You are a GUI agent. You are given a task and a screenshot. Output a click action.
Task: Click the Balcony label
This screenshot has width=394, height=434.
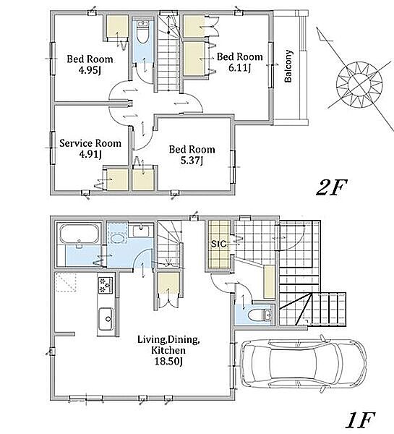click(288, 66)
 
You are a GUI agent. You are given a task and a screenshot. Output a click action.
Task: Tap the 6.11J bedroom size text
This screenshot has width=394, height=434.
click(239, 67)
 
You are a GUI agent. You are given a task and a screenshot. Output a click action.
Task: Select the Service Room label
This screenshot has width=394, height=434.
click(90, 143)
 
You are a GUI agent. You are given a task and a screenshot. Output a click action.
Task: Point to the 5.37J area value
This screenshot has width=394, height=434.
click(192, 161)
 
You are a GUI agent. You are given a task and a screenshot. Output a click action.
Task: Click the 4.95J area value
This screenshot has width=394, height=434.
click(90, 70)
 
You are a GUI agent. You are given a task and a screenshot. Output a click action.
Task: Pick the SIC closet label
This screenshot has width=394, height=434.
click(218, 244)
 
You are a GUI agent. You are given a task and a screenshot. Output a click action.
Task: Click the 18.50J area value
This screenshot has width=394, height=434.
click(168, 362)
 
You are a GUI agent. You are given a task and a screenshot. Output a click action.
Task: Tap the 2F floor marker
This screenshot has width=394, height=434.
click(331, 187)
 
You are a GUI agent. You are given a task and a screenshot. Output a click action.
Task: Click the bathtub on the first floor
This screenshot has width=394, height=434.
click(80, 234)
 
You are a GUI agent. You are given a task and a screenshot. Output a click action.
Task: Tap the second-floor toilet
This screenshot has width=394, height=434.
click(142, 33)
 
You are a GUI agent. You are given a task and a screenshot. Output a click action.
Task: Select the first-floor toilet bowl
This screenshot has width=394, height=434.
click(256, 315)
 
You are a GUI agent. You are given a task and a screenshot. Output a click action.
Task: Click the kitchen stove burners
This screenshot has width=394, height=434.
click(106, 286)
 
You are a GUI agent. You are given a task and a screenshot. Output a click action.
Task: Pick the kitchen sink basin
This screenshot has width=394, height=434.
click(106, 318)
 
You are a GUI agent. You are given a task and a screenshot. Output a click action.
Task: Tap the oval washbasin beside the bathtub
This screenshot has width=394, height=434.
click(118, 239)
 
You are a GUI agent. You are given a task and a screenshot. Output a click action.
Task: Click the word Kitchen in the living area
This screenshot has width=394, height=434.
click(168, 350)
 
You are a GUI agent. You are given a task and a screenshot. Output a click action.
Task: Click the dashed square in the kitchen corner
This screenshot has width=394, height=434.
click(66, 282)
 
